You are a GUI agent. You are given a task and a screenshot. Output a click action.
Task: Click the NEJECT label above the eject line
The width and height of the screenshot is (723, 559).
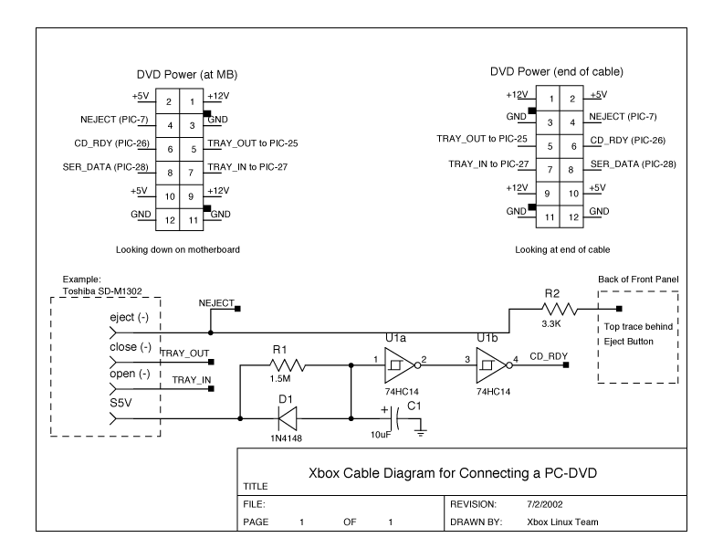pyautogui.click(x=215, y=301)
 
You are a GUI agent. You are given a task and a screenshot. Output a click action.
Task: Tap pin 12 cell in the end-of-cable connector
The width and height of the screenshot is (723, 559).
pyautogui.click(x=573, y=217)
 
